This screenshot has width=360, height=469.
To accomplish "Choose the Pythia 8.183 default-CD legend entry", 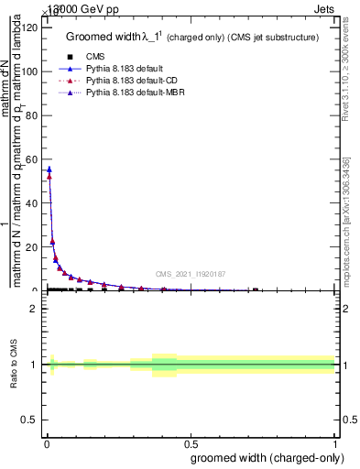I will [x=128, y=82].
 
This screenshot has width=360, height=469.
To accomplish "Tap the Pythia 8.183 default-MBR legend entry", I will [x=131, y=94].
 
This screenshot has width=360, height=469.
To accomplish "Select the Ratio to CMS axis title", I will [x=14, y=364].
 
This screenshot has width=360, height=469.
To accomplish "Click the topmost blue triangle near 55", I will [x=49, y=169].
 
